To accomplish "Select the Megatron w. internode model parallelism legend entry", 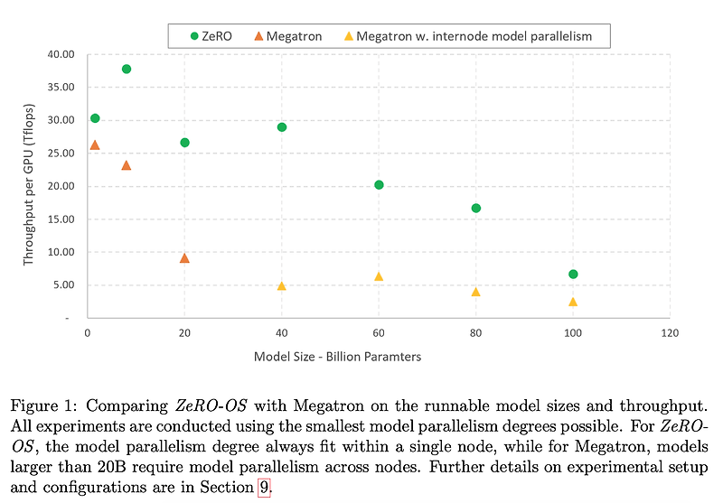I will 474,35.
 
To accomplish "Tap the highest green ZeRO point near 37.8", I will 127,69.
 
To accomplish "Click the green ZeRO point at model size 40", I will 282,127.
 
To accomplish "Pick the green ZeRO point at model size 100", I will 573,274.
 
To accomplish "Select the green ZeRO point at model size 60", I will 379,185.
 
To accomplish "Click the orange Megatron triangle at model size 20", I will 184,258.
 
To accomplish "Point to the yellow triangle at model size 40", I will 282,286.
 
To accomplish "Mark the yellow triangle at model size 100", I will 573,302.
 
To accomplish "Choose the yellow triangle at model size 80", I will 476,292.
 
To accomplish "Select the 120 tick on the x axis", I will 670,333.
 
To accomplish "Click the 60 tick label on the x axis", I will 379,333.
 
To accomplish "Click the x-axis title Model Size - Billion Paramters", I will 337,357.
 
